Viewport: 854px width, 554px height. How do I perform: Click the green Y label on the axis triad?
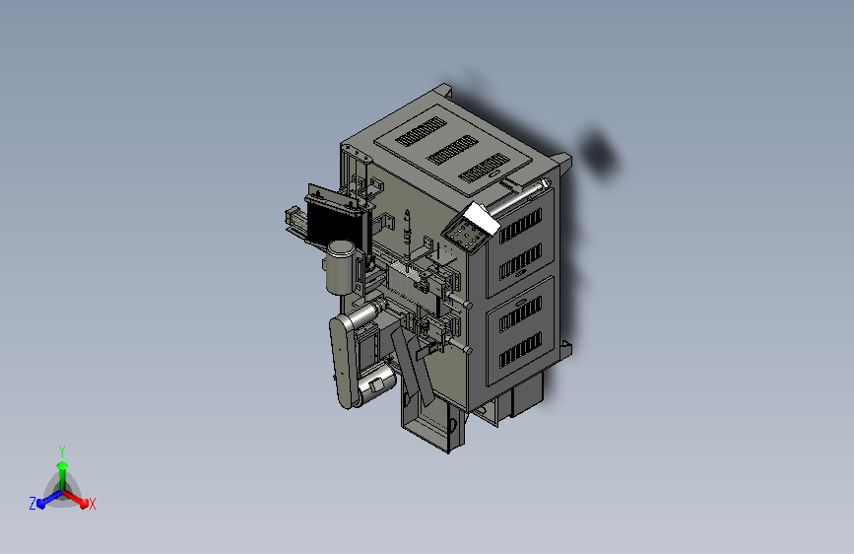[62, 450]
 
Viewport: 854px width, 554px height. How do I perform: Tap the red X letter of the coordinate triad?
[92, 505]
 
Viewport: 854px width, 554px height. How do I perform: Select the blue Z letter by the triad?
[33, 504]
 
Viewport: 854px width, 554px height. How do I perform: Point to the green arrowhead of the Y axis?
[63, 466]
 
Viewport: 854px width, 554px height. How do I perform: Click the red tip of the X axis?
[84, 504]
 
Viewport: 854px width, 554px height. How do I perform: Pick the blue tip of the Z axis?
[41, 504]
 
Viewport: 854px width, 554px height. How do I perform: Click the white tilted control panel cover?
[481, 218]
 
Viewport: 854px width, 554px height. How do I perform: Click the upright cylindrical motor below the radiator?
[341, 266]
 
